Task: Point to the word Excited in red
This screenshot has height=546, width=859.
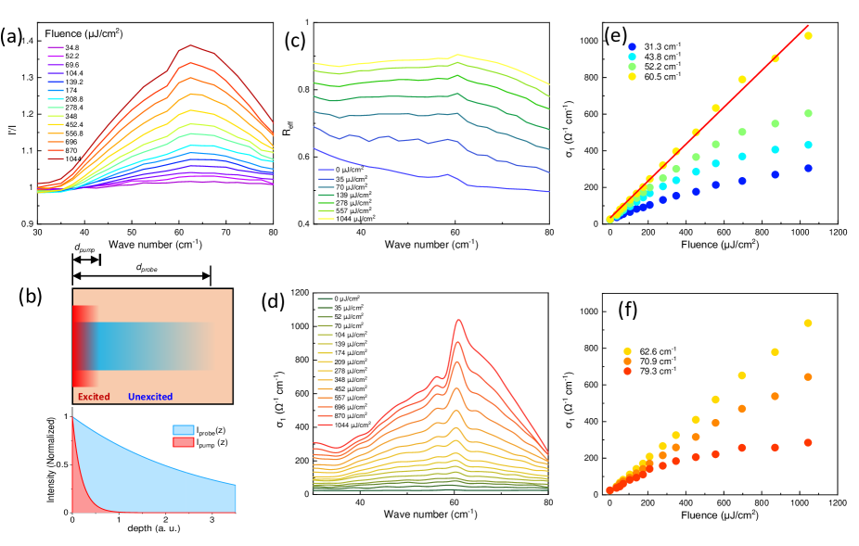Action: tap(96, 397)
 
